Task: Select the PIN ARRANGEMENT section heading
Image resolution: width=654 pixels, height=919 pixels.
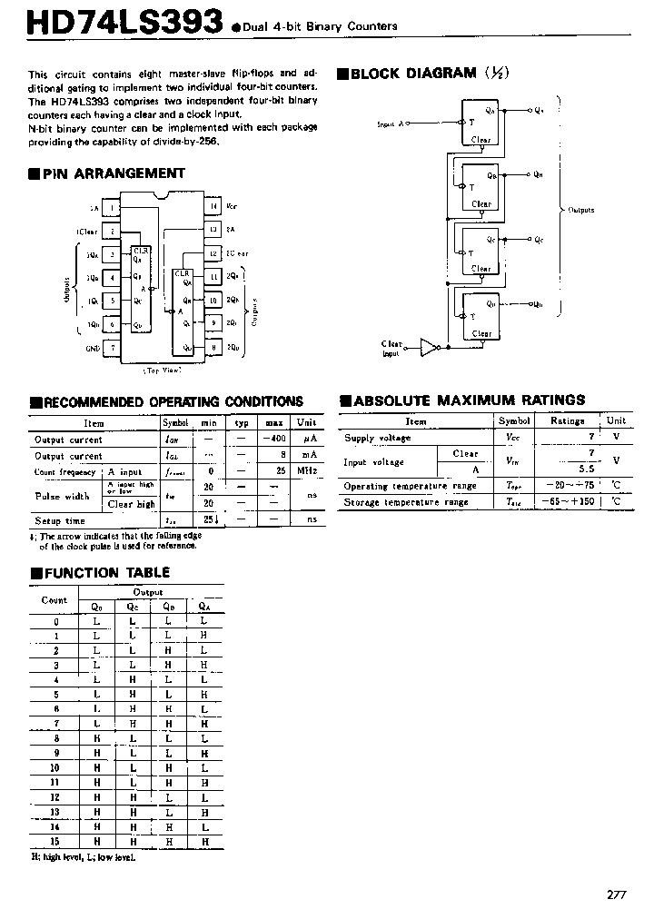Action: [113, 173]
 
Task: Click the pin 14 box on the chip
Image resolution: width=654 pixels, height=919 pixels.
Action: [213, 207]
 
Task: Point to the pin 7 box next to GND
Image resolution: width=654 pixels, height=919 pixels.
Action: [112, 347]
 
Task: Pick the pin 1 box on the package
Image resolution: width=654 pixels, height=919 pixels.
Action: [112, 208]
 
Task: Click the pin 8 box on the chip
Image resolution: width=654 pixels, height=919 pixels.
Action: [213, 347]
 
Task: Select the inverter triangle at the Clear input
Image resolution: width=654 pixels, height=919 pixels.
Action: [428, 346]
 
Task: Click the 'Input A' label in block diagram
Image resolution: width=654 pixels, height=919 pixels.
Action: [394, 124]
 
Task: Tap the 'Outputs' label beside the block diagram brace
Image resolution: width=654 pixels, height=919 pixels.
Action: [581, 210]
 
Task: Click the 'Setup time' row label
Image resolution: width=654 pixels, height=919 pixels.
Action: [60, 520]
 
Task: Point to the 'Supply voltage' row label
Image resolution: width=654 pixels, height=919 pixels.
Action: [377, 438]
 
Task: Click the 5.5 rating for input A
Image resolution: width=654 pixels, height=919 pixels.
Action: [560, 469]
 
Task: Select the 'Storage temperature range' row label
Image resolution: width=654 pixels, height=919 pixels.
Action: [405, 502]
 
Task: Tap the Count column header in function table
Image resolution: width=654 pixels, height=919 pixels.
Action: [54, 600]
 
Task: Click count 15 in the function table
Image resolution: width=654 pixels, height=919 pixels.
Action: [55, 842]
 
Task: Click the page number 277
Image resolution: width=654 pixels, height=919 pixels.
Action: [617, 894]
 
